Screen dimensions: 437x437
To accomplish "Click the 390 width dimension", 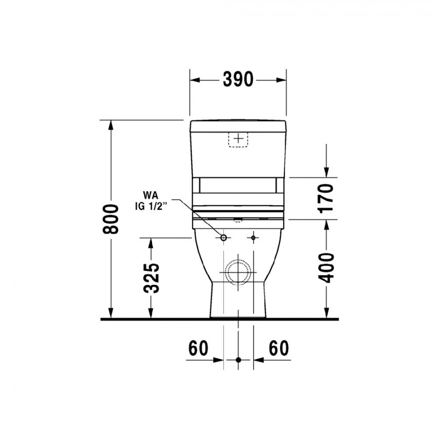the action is coord(238,80).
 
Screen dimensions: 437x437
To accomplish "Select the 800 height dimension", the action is coord(111,219).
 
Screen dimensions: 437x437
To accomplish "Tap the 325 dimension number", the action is coord(151,278).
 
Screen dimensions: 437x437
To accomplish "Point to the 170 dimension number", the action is coord(326,198).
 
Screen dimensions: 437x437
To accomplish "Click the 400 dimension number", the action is coord(326,268).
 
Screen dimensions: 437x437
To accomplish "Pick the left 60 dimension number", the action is coord(198,348).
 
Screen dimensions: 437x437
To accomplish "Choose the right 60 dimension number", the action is coord(279,348).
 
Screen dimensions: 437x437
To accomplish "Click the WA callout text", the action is coord(150,195).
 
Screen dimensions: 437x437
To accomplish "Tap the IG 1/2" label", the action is coord(151,206).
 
